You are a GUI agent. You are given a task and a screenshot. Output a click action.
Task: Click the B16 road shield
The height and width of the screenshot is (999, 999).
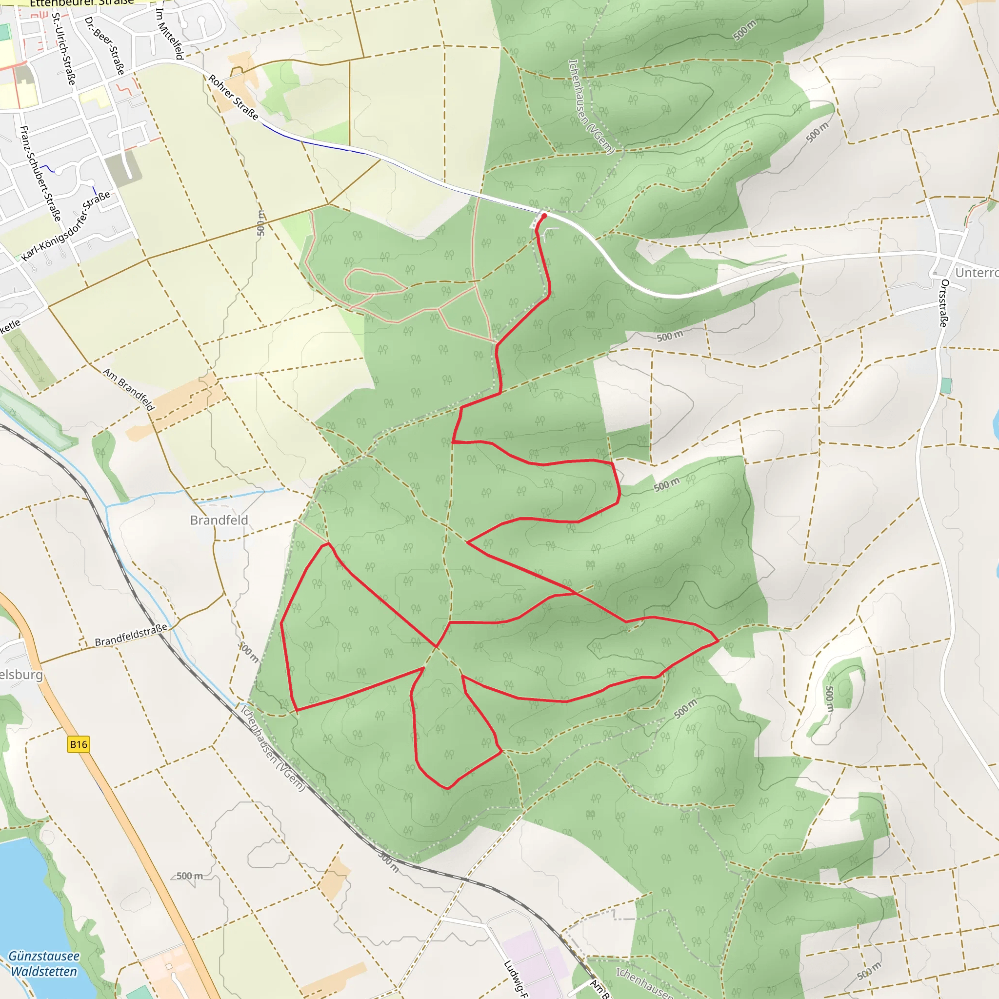click(x=79, y=744)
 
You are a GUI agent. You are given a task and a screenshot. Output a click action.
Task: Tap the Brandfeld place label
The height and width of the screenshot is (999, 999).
click(x=219, y=520)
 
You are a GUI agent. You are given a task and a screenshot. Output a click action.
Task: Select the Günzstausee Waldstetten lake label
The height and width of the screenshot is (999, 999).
click(x=44, y=964)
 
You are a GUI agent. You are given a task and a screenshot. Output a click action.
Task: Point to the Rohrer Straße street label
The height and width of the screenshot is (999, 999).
click(x=233, y=97)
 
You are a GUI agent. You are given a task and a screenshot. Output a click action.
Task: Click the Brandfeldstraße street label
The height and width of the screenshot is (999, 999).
click(x=131, y=635)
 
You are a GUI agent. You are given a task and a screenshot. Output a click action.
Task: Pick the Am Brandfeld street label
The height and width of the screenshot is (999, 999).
click(x=129, y=389)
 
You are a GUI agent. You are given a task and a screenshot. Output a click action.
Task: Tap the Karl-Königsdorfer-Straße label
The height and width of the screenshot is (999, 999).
click(x=66, y=226)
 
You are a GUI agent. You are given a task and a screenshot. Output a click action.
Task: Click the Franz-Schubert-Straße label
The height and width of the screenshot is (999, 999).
click(x=40, y=173)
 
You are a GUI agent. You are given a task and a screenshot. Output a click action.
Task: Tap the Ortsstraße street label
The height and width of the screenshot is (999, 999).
click(x=944, y=303)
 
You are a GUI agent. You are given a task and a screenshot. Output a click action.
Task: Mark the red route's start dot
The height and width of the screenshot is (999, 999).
click(x=544, y=216)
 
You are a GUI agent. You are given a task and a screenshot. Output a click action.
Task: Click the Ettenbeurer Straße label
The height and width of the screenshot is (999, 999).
click(x=81, y=3)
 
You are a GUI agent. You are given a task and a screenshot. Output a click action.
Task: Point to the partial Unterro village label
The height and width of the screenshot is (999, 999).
click(x=976, y=273)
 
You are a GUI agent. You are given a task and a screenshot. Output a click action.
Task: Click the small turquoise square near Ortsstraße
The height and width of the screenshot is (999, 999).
click(x=946, y=385)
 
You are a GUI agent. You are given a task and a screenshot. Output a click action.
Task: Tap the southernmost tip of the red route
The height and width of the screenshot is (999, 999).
click(x=447, y=789)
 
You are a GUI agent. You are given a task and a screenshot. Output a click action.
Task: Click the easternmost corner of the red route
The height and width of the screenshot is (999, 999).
click(x=718, y=640)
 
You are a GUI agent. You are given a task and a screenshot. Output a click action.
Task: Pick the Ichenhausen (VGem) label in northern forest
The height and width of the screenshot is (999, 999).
click(x=591, y=106)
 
